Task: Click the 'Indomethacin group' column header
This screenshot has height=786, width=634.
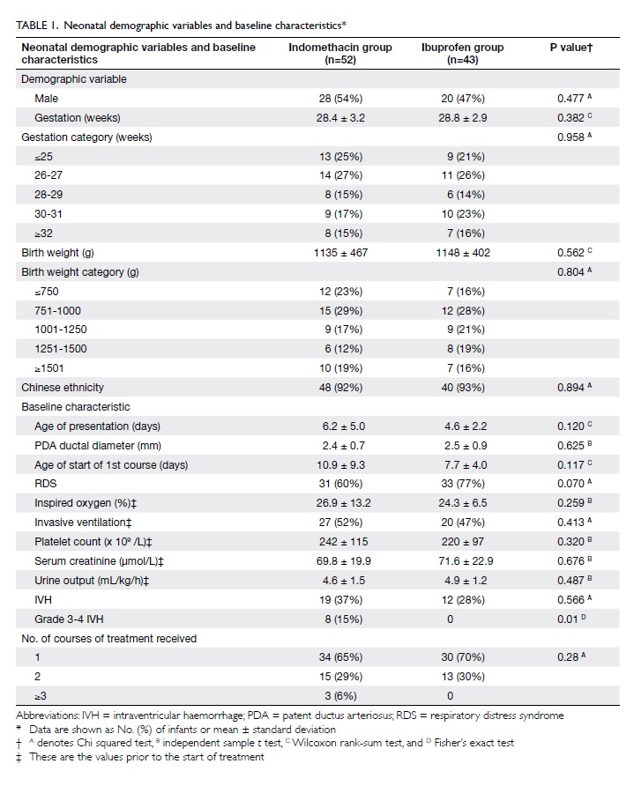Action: tap(340, 54)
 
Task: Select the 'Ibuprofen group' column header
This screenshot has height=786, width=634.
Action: tap(462, 54)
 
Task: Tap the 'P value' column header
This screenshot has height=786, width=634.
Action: tap(571, 48)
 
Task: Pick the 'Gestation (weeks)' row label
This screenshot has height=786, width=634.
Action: tap(78, 118)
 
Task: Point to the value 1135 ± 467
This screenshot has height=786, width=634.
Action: tap(340, 253)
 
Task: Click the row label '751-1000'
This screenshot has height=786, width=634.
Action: tap(57, 311)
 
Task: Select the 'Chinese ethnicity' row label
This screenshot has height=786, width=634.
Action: tap(63, 388)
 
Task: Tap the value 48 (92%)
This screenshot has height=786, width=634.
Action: tap(340, 388)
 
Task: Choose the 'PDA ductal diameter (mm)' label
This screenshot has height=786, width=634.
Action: tap(98, 446)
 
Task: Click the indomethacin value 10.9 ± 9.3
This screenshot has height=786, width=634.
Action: tap(340, 465)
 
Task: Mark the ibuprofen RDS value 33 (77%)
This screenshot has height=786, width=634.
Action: tap(463, 484)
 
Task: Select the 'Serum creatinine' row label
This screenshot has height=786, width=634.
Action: tap(99, 561)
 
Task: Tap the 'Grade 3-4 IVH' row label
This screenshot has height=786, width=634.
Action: tap(69, 619)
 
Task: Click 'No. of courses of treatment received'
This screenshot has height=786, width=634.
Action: tap(108, 639)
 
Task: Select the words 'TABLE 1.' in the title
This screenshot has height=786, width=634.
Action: tap(38, 26)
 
